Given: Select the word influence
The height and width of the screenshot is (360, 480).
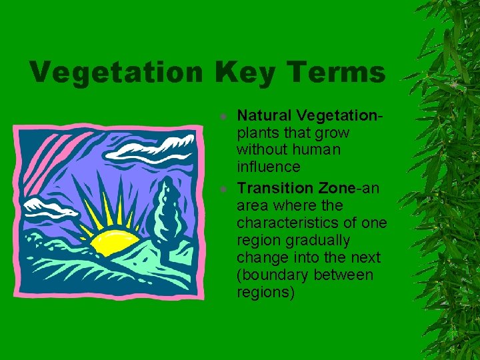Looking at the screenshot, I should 269,167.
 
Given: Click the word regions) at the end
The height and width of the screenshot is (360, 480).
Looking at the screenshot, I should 265,292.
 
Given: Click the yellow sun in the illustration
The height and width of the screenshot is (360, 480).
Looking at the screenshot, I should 115,241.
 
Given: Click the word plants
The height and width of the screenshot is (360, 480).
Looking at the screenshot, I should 257,132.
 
